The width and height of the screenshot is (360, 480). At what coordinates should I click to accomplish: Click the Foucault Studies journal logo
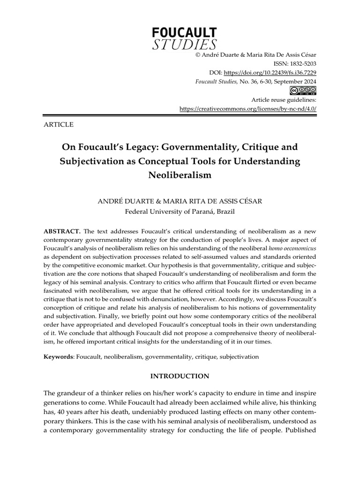coord(184,38)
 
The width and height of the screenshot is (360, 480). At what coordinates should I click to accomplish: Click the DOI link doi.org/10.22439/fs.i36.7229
coord(270,72)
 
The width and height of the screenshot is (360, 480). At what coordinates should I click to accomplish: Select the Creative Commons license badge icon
coord(303,90)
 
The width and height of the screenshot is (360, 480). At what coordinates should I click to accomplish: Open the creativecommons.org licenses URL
coord(248,109)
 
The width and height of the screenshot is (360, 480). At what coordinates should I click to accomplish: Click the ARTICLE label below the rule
coord(58,125)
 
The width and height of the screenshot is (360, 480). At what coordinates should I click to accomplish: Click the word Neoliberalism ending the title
coord(180,175)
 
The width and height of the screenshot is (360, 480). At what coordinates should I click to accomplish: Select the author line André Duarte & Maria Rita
coord(180,201)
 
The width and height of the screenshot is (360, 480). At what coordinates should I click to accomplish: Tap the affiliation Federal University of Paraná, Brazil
coord(180,211)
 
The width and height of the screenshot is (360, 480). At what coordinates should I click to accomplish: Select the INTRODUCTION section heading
coord(180,376)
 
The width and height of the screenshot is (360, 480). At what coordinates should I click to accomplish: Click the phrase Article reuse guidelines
coord(284,100)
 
